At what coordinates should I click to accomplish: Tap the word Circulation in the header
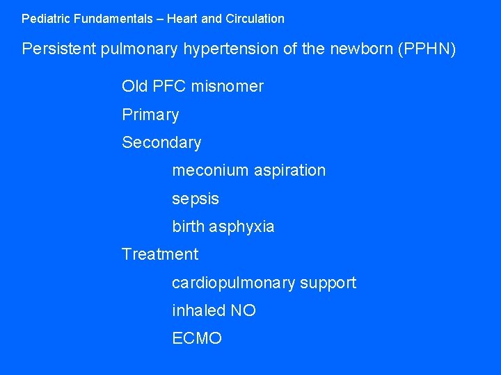pos(255,19)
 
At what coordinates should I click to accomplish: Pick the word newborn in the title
pos(363,50)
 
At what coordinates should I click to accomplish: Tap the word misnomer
pos(229,87)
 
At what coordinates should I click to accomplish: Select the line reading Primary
pos(150,115)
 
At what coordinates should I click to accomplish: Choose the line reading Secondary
pos(161,143)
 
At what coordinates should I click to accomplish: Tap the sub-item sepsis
pos(196,199)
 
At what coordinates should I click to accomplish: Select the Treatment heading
pos(160,255)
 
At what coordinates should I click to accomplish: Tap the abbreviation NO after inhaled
pos(244,311)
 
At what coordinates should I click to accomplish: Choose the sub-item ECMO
pos(197,339)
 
